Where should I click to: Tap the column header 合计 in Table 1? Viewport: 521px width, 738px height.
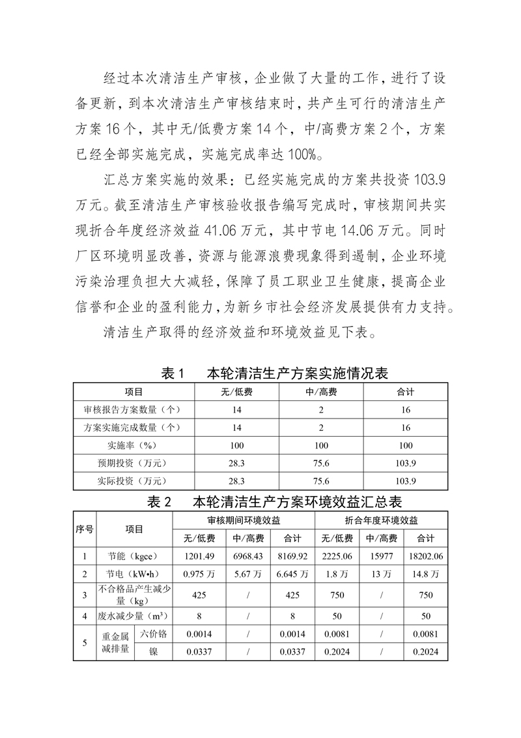pos(405,392)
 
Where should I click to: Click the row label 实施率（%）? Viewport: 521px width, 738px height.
pos(134,446)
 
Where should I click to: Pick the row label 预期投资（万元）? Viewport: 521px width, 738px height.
pos(134,464)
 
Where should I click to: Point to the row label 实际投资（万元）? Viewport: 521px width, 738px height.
pos(134,482)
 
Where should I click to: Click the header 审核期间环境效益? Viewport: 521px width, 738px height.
pos(244,521)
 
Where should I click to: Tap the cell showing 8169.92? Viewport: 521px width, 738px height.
pos(292,556)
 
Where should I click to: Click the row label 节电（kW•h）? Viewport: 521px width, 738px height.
pos(134,574)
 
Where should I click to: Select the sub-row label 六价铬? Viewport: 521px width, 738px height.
pos(153,634)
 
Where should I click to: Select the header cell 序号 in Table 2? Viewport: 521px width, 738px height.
pos(85,529)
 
